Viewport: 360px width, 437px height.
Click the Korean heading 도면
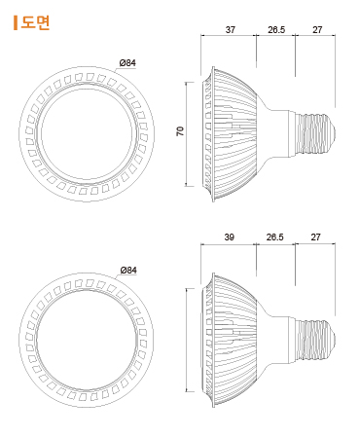click(35, 22)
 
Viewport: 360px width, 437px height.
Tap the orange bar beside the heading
click(16, 22)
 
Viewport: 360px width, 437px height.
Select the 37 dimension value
click(231, 30)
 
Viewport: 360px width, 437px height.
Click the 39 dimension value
click(230, 237)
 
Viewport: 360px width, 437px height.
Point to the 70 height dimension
click(180, 131)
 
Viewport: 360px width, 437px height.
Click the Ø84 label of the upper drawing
click(127, 62)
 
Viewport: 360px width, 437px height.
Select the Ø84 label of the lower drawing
click(128, 270)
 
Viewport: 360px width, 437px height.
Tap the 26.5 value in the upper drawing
click(276, 30)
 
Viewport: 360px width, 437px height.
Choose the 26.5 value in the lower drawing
click(275, 237)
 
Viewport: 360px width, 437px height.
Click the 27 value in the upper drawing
click(317, 30)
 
